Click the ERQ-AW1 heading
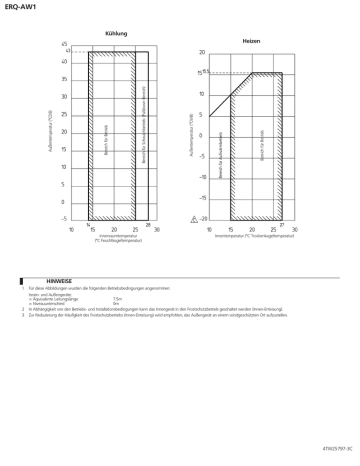20,7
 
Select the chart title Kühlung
116,34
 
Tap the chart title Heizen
250,41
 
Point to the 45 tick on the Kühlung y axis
64,45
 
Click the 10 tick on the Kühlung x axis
71,229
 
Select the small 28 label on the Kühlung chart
147,224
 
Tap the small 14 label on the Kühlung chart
88,224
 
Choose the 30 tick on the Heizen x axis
294,229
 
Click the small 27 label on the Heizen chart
282,224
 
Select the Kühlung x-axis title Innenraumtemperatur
118,236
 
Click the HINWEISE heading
59,282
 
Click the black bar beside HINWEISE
21,282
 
